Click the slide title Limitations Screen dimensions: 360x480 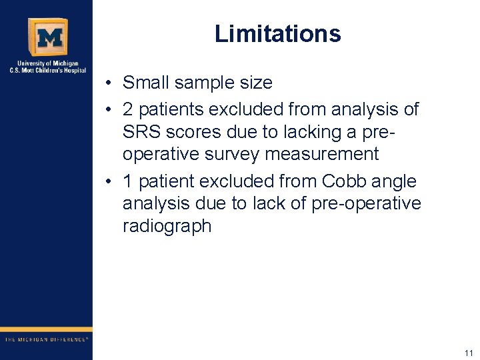click(x=277, y=34)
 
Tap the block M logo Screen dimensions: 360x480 click(x=47, y=37)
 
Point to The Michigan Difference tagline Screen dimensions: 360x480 click(x=46, y=339)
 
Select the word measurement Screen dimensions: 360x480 click(x=322, y=155)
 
